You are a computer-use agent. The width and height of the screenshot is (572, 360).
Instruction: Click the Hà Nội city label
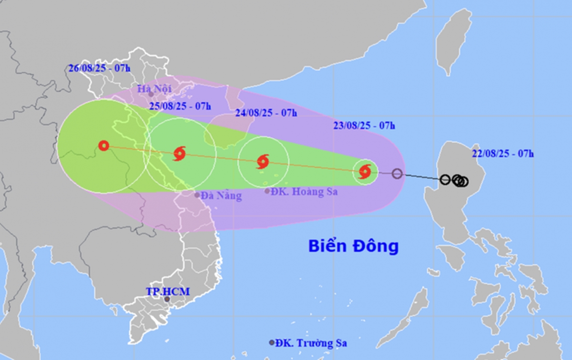tap(154, 88)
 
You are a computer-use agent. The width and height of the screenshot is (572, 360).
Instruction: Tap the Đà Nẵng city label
tap(221, 195)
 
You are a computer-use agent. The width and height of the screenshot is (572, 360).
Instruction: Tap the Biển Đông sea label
tap(353, 247)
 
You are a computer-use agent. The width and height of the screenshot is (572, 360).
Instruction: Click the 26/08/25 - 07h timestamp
tap(99, 68)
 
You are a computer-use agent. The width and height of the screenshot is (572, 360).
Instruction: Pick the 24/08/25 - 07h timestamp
tap(266, 113)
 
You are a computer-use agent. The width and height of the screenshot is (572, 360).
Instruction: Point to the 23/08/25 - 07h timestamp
tap(364, 126)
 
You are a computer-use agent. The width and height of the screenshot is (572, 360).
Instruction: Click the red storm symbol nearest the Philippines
tap(365, 172)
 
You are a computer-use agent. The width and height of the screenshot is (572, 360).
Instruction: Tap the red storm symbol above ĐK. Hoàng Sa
tap(263, 162)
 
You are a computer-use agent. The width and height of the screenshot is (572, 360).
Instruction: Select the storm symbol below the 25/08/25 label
tap(180, 154)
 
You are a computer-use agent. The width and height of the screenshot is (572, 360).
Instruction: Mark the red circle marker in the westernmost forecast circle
tap(104, 145)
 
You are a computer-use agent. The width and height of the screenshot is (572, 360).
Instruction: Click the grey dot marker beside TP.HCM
tap(167, 299)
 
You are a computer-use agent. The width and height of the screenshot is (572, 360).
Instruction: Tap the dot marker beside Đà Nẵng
tap(197, 195)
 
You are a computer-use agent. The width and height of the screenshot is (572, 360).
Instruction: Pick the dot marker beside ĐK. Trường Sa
tap(272, 343)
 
